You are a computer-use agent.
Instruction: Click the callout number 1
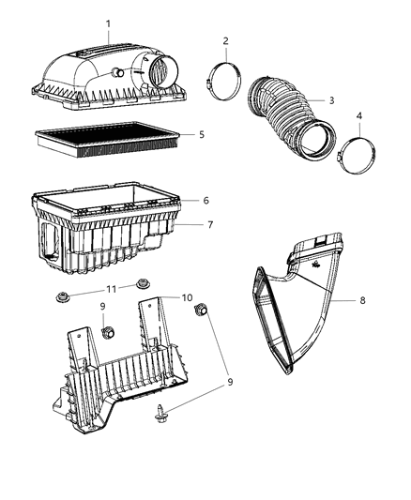click(x=108, y=23)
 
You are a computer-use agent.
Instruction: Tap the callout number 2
click(x=226, y=41)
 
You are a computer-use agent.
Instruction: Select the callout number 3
click(x=331, y=100)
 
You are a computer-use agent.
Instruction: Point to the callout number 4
click(x=359, y=116)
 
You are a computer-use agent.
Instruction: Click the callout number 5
click(x=202, y=134)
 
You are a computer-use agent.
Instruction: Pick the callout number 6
click(x=206, y=201)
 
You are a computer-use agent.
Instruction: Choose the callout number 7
click(x=210, y=225)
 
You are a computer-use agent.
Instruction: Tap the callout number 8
click(x=362, y=300)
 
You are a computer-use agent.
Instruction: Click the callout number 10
click(x=187, y=297)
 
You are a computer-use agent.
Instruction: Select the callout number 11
click(x=111, y=289)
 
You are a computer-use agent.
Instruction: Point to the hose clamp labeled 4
click(x=356, y=156)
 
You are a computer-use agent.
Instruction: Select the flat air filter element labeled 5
click(x=108, y=140)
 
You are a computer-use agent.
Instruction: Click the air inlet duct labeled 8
click(x=298, y=303)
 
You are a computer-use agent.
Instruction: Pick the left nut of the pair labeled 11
click(x=61, y=297)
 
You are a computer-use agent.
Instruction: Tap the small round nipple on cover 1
click(x=119, y=73)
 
